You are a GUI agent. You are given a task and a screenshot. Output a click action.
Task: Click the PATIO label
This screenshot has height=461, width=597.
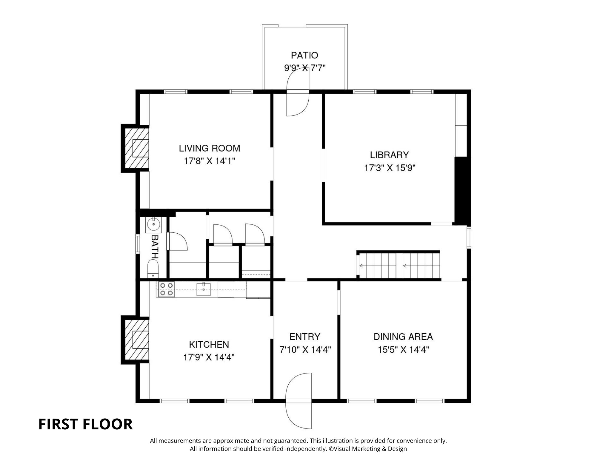tap(304, 55)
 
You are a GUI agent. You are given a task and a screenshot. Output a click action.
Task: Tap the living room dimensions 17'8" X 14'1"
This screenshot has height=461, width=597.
tap(210, 161)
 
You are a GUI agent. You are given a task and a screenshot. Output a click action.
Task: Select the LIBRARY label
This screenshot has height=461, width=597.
tap(389, 155)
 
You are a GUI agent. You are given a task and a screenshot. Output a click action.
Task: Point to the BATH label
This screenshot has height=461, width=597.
tap(155, 246)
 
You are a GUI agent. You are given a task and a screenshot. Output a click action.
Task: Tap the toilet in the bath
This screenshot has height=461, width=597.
tap(153, 269)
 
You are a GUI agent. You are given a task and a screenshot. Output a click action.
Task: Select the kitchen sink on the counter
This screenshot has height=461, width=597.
tap(204, 289)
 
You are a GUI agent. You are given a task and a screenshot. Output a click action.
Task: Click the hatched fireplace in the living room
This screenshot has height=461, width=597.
tap(137, 148)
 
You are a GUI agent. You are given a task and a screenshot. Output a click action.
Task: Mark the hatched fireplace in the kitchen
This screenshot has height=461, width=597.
tap(137, 340)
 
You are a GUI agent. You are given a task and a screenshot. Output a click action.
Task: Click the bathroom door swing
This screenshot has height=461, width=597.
tap(178, 241)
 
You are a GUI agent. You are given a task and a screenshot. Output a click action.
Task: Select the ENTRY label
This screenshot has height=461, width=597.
tap(305, 337)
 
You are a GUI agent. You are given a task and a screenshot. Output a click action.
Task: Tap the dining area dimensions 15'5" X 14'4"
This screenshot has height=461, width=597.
tap(403, 349)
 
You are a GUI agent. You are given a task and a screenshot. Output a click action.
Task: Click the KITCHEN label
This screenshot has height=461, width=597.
tap(209, 344)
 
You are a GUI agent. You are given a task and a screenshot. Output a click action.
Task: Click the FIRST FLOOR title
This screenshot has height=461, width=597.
tap(85, 424)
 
